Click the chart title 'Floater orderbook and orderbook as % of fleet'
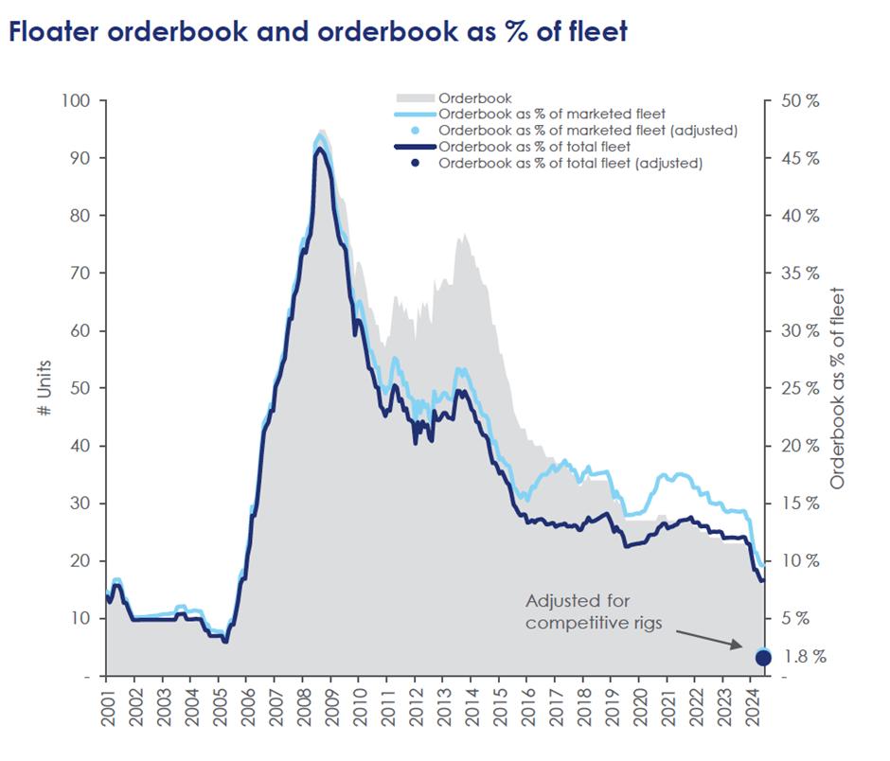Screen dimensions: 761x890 pyautogui.click(x=317, y=32)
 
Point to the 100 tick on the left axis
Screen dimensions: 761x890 pyautogui.click(x=76, y=100)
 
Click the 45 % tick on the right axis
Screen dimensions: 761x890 pyautogui.click(x=799, y=158)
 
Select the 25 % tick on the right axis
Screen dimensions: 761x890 pyautogui.click(x=799, y=388)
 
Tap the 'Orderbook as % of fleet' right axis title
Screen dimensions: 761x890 pyautogui.click(x=838, y=388)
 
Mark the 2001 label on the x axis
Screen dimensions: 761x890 pyautogui.click(x=106, y=706)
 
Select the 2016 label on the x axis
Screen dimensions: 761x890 pyautogui.click(x=526, y=706)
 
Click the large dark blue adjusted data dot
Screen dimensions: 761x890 pyautogui.click(x=763, y=658)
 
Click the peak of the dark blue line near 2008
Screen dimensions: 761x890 pyautogui.click(x=320, y=149)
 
